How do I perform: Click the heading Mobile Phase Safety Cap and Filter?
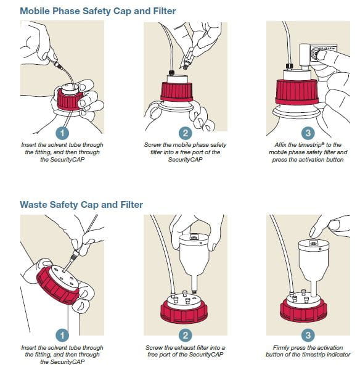coord(98,11)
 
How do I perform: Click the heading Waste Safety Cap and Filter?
coord(81,205)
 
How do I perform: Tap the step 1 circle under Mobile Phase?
coord(62,133)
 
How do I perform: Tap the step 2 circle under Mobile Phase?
coord(186,133)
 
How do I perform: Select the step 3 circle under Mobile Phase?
coord(308,133)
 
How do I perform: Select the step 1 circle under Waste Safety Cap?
coord(62,336)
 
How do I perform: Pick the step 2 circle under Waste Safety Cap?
coord(186,336)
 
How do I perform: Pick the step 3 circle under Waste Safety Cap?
coord(308,336)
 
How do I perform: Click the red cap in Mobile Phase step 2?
coord(177,92)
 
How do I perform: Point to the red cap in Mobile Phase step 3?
coord(297,93)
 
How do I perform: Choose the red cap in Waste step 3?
coord(303,311)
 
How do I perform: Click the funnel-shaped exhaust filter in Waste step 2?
coord(194,260)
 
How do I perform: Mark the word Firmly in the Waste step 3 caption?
coord(281,348)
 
